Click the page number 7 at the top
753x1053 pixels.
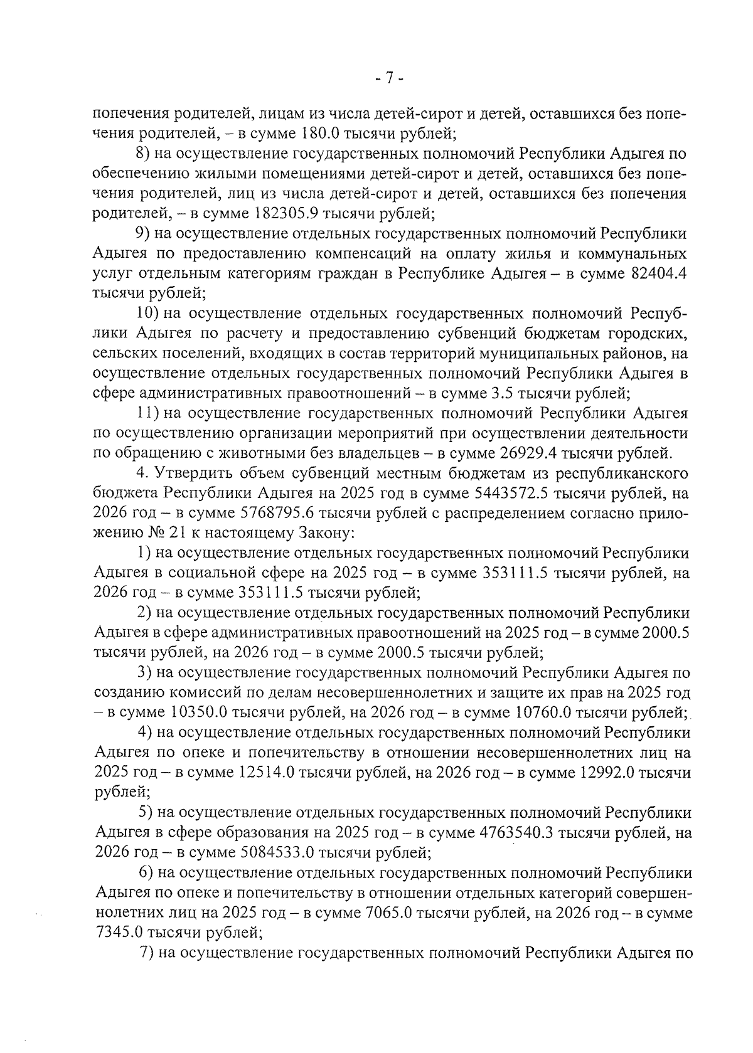(388, 78)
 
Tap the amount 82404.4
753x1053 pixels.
(657, 274)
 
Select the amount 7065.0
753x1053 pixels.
(388, 914)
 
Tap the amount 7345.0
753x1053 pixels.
(119, 934)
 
